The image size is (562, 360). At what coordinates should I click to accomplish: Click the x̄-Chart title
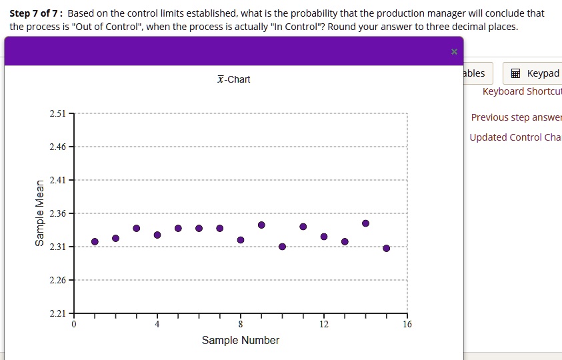click(x=233, y=79)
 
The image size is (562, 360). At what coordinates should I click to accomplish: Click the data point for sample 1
click(x=95, y=241)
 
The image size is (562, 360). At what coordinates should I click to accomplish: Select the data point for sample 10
click(x=282, y=247)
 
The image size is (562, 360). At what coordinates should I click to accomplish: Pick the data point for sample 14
click(x=365, y=223)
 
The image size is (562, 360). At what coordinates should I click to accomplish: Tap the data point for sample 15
click(x=387, y=248)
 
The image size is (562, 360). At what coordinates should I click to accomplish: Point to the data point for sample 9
click(x=261, y=225)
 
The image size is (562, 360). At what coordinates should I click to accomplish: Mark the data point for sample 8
click(x=241, y=240)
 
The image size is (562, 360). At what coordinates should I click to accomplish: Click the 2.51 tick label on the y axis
click(x=58, y=114)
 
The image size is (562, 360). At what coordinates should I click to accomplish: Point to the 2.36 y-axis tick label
click(x=58, y=213)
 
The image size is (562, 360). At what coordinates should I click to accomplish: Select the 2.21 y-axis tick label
click(x=58, y=313)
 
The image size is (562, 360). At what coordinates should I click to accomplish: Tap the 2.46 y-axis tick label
click(x=58, y=147)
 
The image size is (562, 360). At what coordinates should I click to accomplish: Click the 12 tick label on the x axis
click(x=324, y=325)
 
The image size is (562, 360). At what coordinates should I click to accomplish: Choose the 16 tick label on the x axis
click(x=407, y=325)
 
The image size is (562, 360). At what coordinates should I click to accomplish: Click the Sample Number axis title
click(x=241, y=341)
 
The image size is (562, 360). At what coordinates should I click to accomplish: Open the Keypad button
click(x=535, y=73)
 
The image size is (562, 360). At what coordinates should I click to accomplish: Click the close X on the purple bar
click(x=454, y=51)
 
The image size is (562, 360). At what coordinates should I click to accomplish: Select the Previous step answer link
click(x=516, y=117)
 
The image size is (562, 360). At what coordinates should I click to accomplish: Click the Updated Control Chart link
click(x=515, y=137)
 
